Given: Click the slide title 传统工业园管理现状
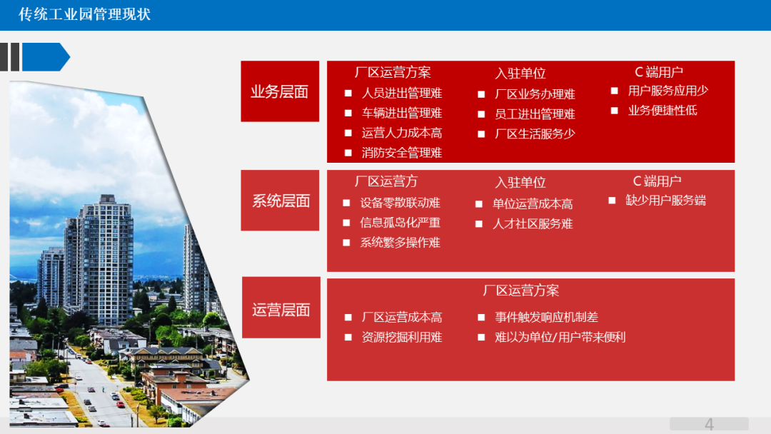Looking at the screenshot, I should click(85, 14).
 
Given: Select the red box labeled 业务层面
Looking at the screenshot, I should click(279, 91).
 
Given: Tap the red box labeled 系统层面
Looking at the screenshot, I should click(280, 201).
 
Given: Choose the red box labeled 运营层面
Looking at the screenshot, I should click(281, 309).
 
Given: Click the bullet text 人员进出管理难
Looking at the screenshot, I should click(402, 94).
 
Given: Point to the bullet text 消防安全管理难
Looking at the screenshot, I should click(402, 153).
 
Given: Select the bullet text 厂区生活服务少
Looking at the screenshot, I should click(535, 133).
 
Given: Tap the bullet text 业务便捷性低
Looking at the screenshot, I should click(662, 111).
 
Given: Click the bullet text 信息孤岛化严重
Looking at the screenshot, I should click(400, 223).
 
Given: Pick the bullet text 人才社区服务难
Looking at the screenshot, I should click(533, 224).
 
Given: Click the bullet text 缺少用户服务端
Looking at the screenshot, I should click(666, 201).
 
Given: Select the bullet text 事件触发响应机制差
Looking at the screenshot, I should click(547, 318).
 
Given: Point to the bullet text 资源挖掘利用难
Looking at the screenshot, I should click(402, 338).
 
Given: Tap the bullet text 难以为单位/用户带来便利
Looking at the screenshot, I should click(560, 338).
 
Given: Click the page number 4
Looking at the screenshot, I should click(709, 425).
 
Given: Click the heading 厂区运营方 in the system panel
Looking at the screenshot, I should click(386, 181).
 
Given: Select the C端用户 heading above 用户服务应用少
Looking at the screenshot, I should click(659, 72).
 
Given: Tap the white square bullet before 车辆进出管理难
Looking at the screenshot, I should click(348, 113).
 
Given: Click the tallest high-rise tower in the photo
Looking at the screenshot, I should click(107, 257).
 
